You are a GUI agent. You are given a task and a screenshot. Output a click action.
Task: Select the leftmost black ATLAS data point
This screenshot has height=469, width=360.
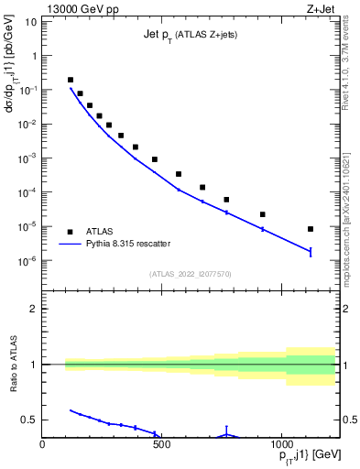click(x=71, y=80)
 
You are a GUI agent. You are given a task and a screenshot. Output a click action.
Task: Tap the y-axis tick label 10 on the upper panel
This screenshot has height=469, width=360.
click(x=31, y=20)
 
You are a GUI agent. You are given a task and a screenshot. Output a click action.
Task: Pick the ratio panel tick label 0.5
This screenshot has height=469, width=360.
click(x=29, y=420)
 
